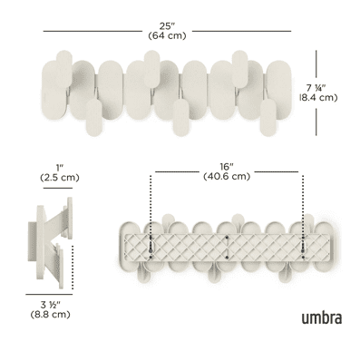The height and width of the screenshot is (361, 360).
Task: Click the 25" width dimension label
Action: click(x=167, y=26)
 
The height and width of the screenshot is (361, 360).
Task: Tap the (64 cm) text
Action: click(x=167, y=35)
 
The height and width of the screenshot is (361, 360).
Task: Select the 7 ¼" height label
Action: click(x=316, y=88)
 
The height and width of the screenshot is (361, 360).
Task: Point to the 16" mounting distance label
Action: click(x=227, y=167)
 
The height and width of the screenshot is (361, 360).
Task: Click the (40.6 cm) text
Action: click(x=227, y=176)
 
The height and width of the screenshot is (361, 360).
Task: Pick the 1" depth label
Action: click(x=60, y=168)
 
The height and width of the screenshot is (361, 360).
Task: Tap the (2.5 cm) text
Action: click(x=60, y=178)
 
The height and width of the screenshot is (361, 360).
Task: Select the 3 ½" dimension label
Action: click(x=51, y=305)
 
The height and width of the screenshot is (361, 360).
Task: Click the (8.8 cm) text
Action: click(x=51, y=315)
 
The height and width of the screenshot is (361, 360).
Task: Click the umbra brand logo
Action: click(x=322, y=317)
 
